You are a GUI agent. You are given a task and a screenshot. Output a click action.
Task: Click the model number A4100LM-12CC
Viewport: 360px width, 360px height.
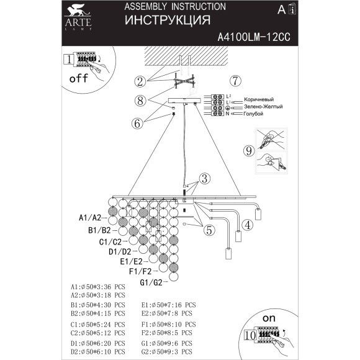click(254, 37)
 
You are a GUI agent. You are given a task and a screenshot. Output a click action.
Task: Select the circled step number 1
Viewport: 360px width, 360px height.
click(68, 60)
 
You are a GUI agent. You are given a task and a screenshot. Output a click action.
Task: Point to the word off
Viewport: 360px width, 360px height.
click(78, 79)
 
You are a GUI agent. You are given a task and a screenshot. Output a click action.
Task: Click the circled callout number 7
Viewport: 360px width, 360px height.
click(235, 81)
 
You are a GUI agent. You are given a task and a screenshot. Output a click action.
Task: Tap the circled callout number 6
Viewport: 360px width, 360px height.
click(137, 123)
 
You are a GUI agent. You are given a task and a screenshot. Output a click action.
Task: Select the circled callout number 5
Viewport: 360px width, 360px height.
click(209, 228)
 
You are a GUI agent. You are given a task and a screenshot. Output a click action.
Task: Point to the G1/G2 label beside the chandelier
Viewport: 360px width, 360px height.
click(151, 283)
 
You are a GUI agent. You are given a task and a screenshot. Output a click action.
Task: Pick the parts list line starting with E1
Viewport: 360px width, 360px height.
click(168, 305)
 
